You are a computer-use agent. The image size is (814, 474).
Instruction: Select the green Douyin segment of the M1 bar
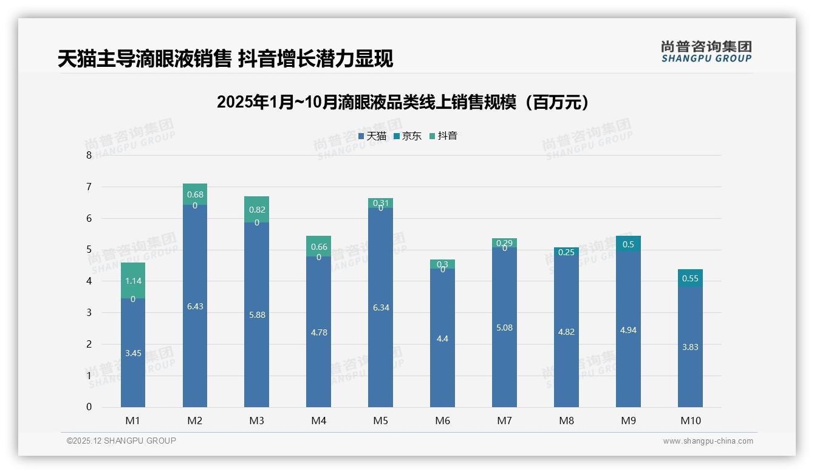click(133, 273)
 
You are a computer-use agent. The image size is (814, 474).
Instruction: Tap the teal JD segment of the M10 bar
click(690, 278)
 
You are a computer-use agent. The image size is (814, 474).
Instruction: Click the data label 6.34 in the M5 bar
click(381, 307)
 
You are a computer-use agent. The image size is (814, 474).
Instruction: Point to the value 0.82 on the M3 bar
click(257, 210)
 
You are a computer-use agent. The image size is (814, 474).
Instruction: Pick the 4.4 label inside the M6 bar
click(442, 338)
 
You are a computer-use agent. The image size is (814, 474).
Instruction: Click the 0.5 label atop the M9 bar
click(628, 244)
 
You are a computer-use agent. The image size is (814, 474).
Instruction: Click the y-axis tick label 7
click(89, 187)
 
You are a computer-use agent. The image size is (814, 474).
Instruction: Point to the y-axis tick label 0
click(89, 407)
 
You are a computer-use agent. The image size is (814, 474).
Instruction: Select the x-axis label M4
click(318, 421)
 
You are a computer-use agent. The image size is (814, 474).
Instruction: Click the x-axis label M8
click(566, 421)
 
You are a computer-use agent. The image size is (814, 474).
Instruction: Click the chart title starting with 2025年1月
click(402, 102)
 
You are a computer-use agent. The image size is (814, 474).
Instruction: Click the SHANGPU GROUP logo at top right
click(706, 51)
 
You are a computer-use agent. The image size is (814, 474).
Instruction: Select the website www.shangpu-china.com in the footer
click(708, 441)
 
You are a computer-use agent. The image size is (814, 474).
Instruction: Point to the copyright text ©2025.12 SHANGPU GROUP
click(121, 441)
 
